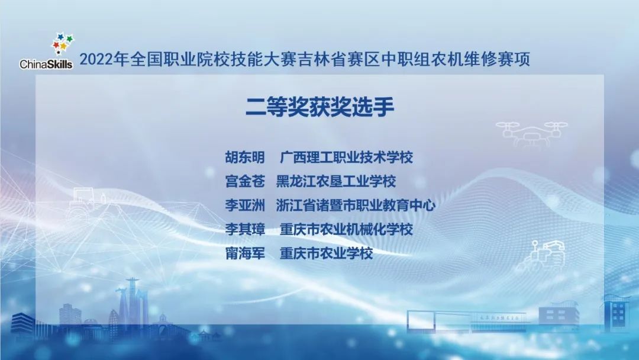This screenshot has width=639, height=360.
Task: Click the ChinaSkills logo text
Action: [46, 64]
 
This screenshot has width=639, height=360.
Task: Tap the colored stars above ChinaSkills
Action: [63, 43]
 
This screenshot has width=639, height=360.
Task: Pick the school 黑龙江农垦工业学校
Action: [335, 181]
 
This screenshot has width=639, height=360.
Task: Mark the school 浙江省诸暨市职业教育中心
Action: [356, 205]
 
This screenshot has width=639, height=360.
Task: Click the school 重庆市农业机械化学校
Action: [346, 230]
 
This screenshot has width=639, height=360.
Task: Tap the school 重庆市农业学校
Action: [327, 254]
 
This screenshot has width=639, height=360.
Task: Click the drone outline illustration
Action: [531, 132]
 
